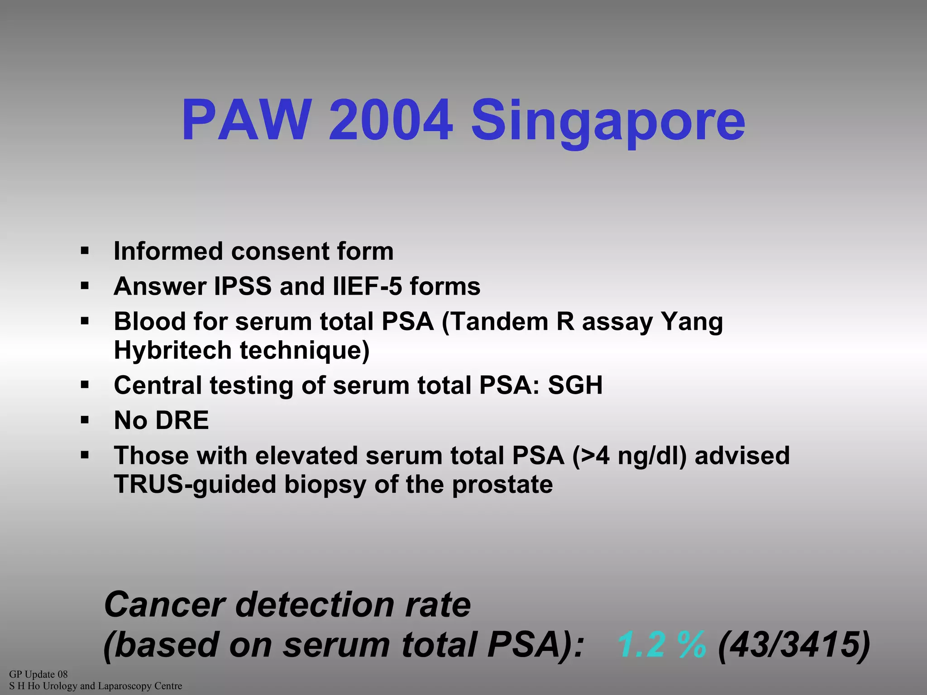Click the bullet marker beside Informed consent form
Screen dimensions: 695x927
[x=85, y=251]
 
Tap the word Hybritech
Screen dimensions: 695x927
[x=172, y=351]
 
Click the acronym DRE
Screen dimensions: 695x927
[x=182, y=420]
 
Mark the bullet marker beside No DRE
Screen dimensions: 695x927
[x=85, y=420]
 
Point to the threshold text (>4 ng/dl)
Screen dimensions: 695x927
[x=630, y=456]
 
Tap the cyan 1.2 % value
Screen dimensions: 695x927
[x=661, y=644]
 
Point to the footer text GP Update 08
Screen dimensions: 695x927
[x=38, y=674]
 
